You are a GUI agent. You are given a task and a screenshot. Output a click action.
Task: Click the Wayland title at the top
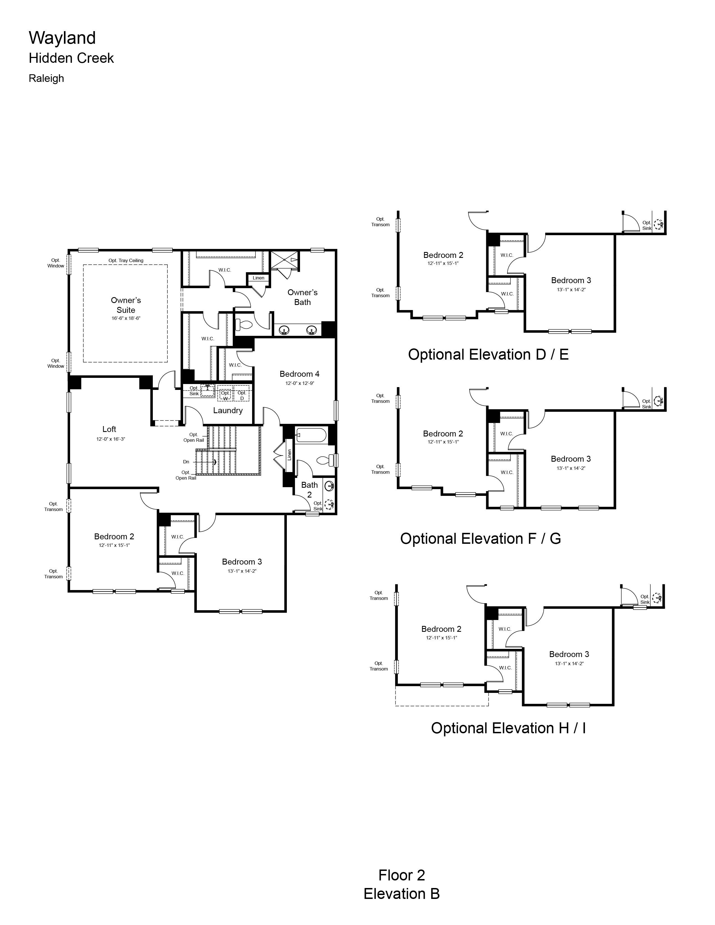click(x=62, y=38)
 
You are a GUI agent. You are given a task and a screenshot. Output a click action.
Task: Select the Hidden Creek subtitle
click(x=71, y=58)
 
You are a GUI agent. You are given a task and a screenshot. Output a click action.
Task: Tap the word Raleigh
click(x=46, y=78)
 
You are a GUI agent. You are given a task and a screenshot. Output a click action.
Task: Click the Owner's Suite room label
click(x=126, y=305)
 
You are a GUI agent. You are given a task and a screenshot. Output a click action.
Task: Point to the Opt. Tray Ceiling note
click(x=126, y=260)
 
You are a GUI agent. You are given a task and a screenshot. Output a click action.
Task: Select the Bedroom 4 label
click(x=299, y=374)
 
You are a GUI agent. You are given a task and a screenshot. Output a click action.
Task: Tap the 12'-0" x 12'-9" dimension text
click(x=299, y=383)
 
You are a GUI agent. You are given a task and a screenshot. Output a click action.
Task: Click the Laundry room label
click(x=228, y=410)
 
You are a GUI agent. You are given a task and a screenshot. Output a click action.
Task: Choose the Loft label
click(x=109, y=429)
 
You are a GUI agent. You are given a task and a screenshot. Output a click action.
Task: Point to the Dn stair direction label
click(x=186, y=462)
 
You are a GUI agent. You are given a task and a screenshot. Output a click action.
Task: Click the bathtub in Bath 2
click(x=311, y=435)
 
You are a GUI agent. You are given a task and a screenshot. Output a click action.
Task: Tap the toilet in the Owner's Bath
click(x=244, y=325)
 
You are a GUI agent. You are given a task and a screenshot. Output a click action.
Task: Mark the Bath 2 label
click(x=309, y=490)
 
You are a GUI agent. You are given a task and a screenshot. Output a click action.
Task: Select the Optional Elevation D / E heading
click(x=488, y=355)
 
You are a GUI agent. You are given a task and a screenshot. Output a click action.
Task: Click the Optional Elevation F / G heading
click(x=480, y=539)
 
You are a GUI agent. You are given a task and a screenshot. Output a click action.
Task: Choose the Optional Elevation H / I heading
click(x=508, y=728)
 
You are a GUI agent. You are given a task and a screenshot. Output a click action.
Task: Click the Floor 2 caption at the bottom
click(x=402, y=875)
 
